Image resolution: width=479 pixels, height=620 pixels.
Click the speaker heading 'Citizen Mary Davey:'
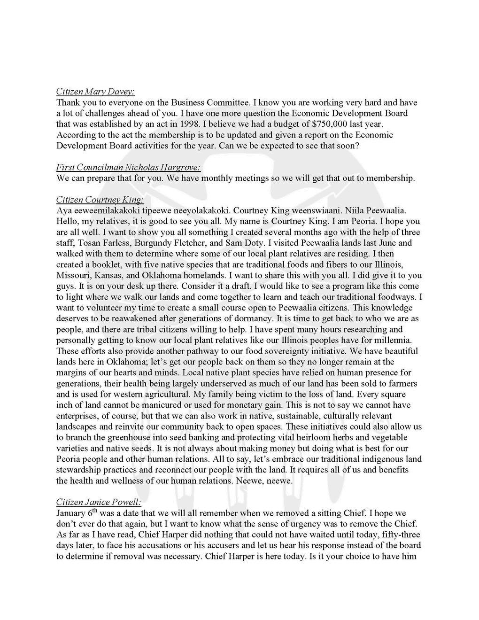95,91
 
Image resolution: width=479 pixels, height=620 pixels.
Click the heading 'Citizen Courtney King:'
100,200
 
